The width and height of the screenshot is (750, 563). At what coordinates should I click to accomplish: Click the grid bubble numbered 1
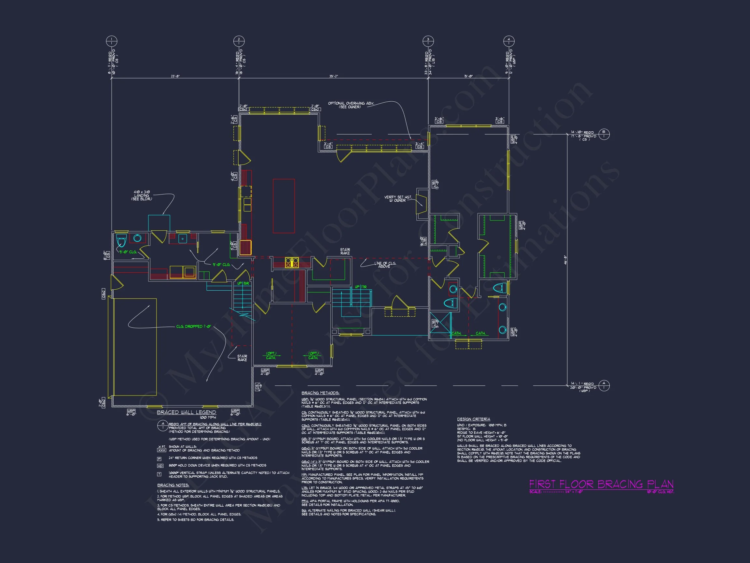(112, 41)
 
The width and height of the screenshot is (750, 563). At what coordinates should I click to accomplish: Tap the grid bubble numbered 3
(428, 41)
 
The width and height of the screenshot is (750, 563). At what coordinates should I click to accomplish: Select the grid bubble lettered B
(604, 134)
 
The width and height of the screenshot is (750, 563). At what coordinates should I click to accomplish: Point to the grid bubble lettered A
(604, 385)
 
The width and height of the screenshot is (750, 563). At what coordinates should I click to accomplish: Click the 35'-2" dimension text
(334, 76)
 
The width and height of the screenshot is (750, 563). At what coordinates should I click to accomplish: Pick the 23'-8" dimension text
(175, 76)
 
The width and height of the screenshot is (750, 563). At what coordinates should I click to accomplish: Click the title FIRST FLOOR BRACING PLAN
(601, 484)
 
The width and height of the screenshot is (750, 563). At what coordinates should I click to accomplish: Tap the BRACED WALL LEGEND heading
(186, 412)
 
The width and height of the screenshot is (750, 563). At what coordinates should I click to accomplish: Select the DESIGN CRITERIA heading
(473, 419)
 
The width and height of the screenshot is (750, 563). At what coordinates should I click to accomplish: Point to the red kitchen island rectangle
(284, 206)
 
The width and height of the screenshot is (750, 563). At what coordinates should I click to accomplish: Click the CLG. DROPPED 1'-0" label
(193, 326)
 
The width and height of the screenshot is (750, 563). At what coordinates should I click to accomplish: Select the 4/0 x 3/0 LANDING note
(142, 195)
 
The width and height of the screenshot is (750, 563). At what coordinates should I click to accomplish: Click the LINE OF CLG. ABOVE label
(385, 265)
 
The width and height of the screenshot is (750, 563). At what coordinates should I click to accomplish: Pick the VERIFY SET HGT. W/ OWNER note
(398, 198)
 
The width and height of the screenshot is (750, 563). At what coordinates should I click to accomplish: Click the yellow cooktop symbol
(292, 263)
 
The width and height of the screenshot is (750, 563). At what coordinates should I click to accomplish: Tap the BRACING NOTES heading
(173, 485)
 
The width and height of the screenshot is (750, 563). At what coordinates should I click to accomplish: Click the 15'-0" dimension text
(468, 76)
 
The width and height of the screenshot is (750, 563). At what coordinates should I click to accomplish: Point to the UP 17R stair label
(360, 287)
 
